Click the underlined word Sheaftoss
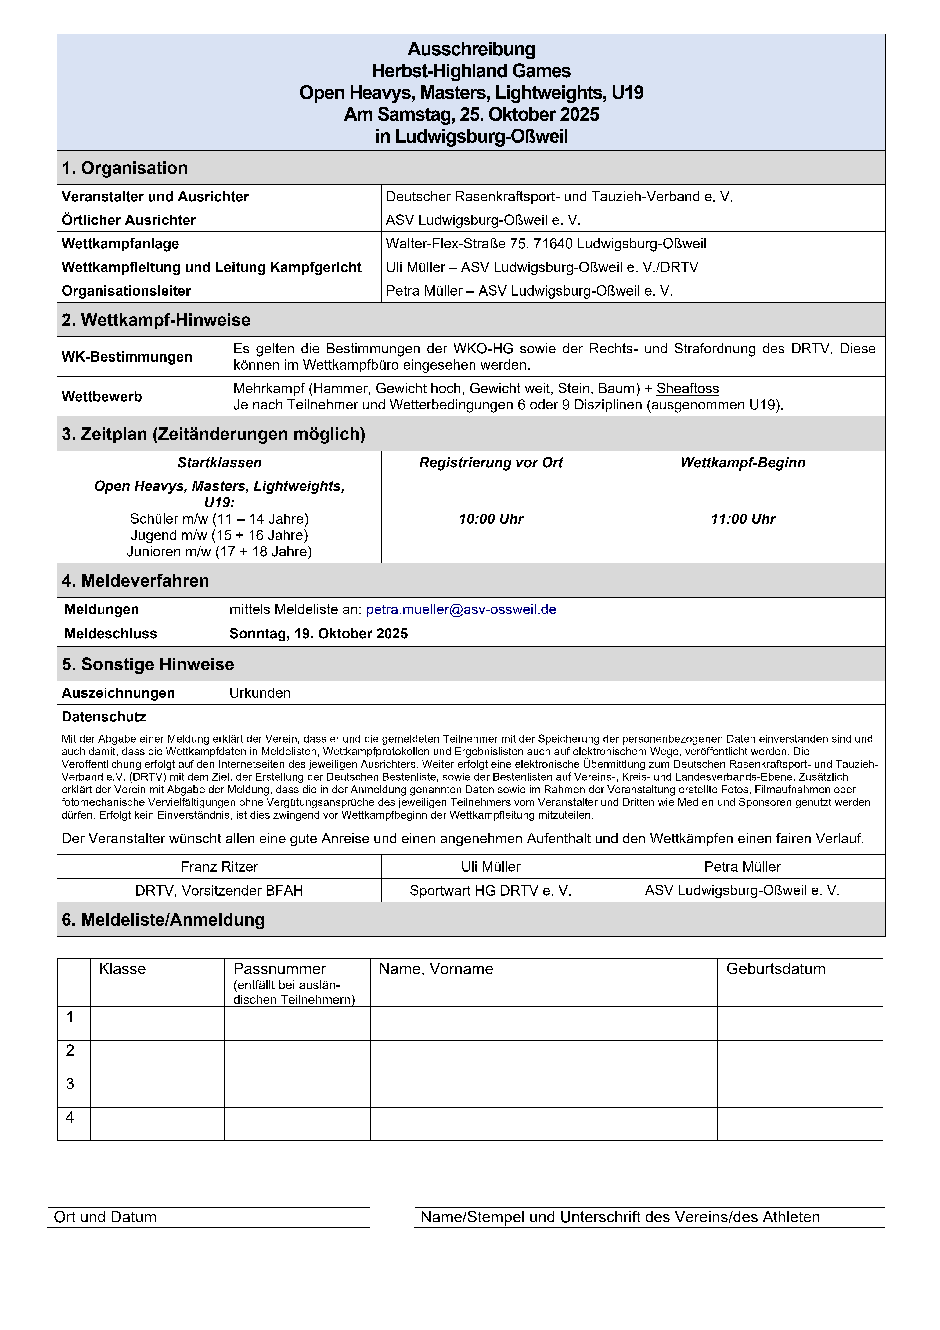click(687, 389)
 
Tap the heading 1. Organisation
click(124, 168)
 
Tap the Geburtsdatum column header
click(776, 969)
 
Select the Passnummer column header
click(279, 969)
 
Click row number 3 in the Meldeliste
click(70, 1084)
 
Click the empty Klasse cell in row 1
click(157, 1024)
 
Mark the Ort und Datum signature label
click(105, 1217)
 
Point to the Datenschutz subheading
click(104, 717)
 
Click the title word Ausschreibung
click(471, 49)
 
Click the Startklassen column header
click(219, 463)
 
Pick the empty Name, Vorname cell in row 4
click(543, 1124)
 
